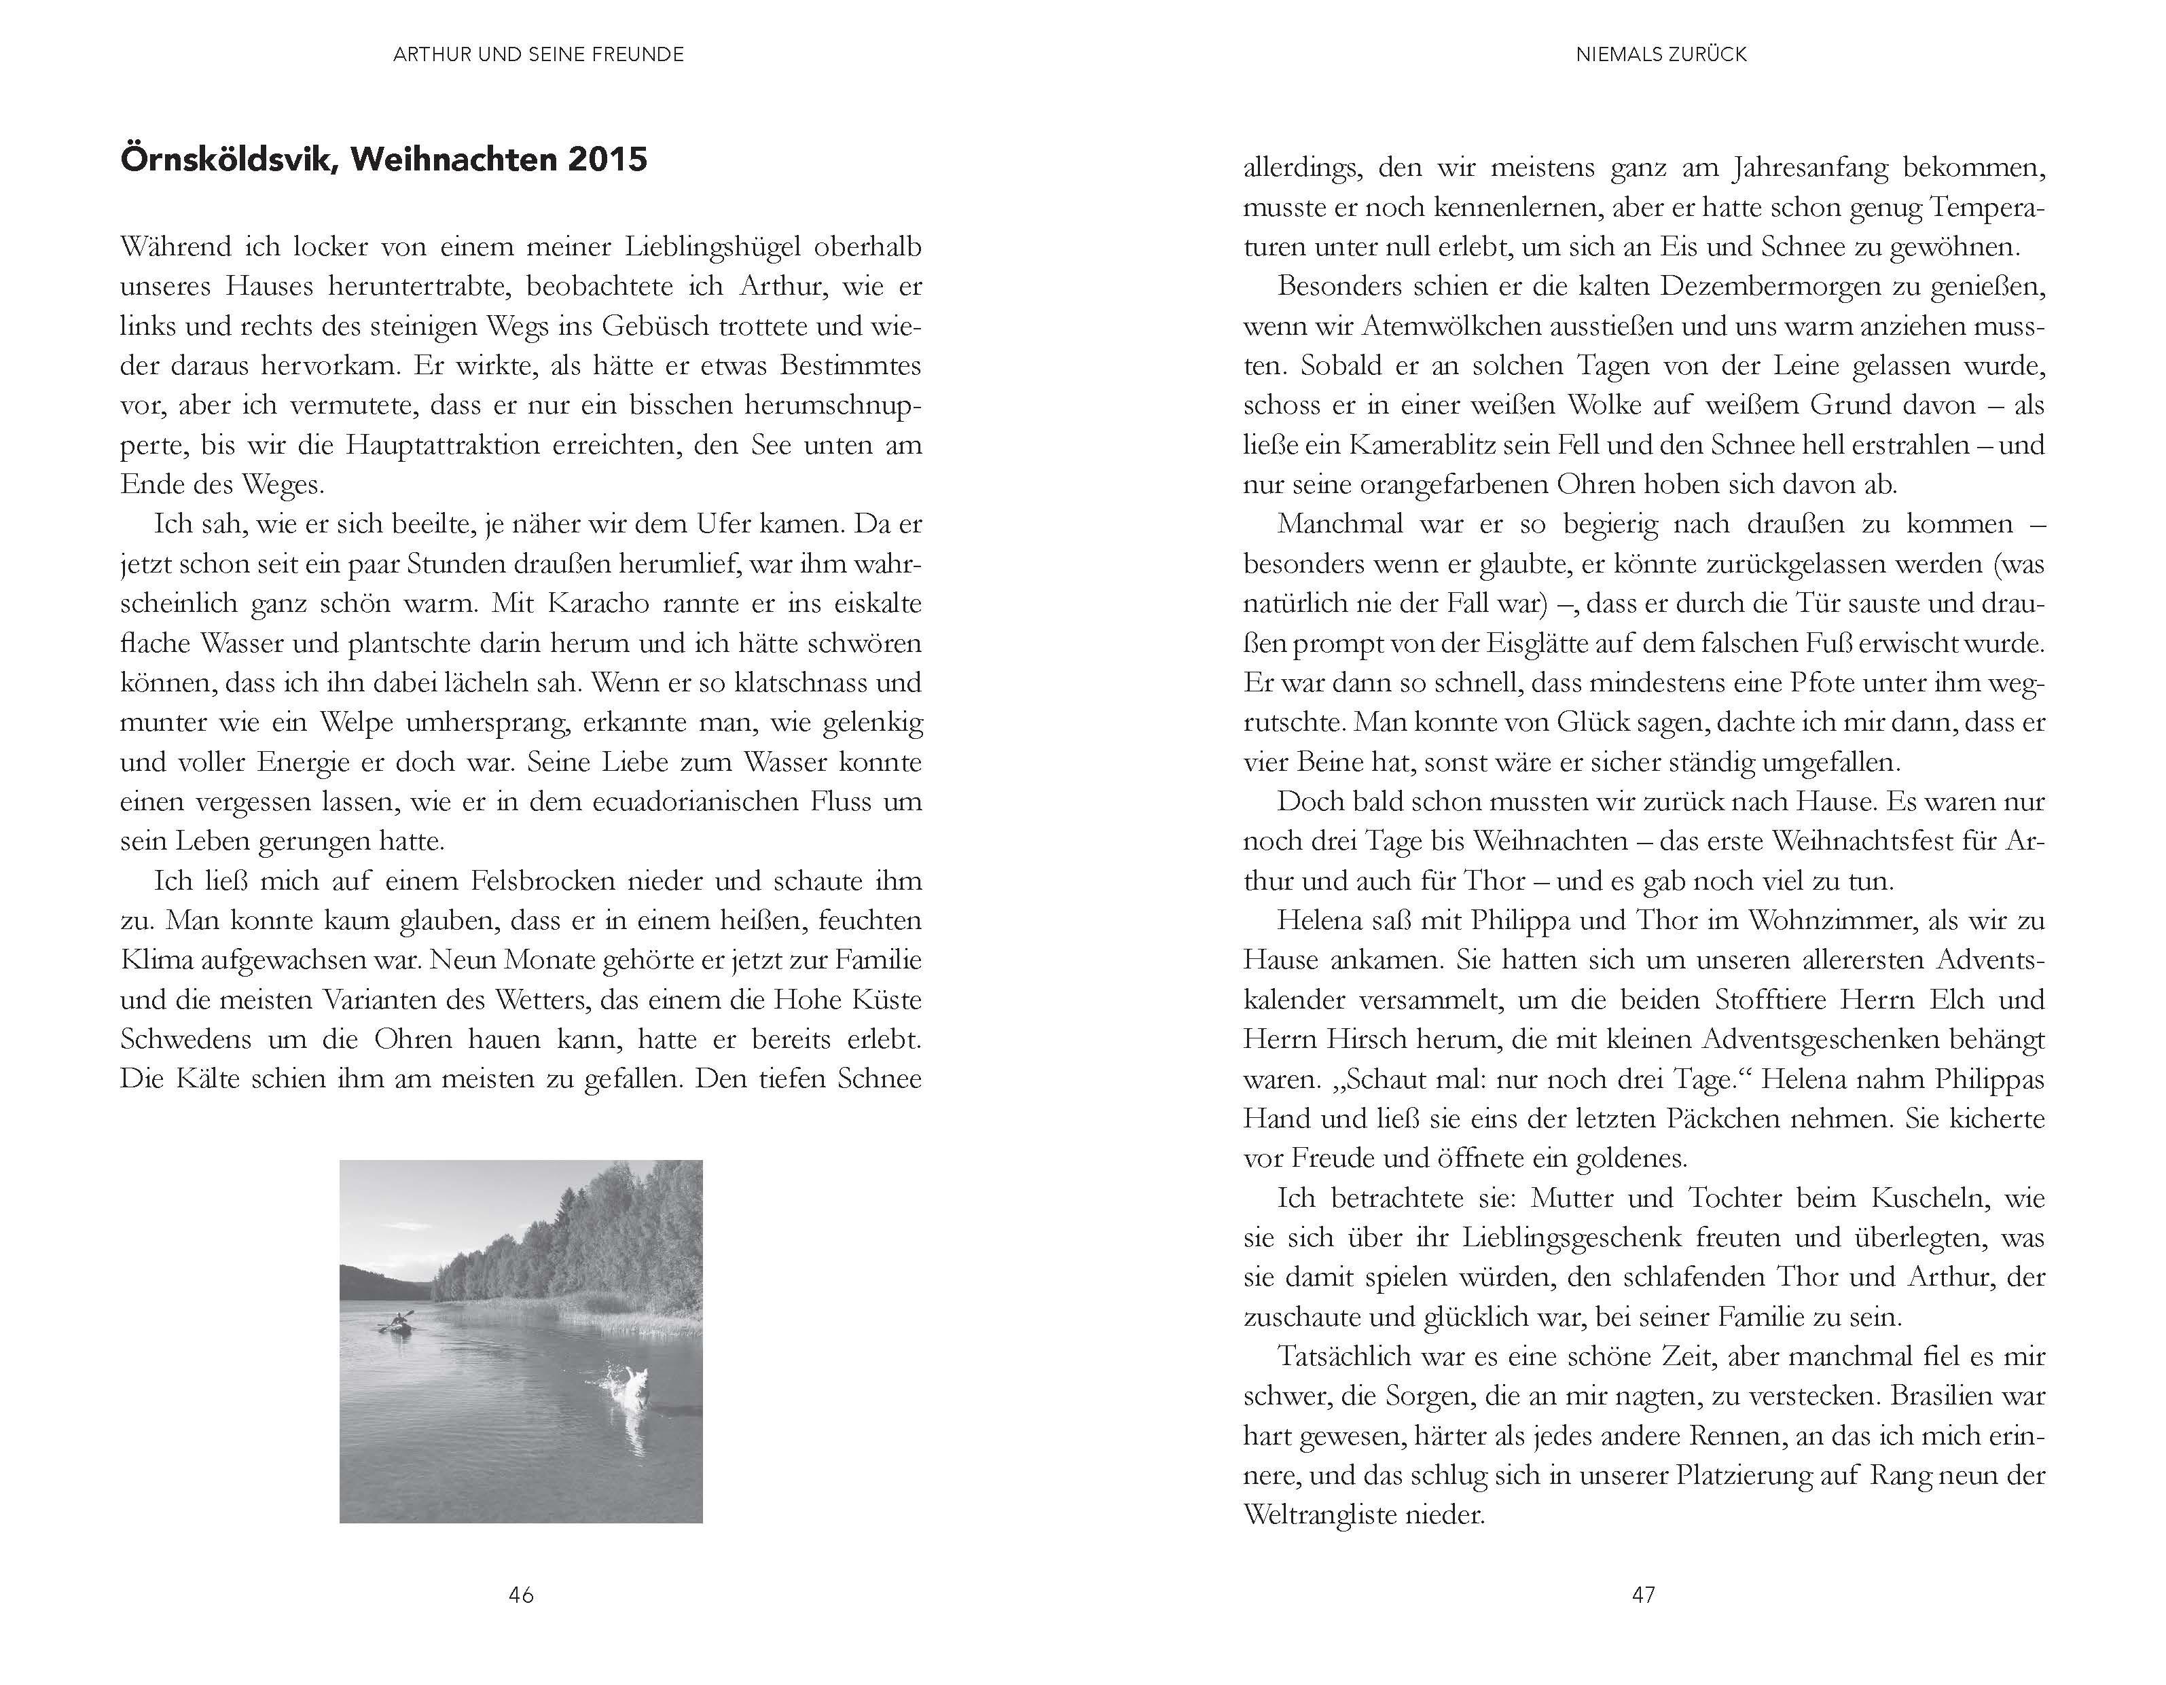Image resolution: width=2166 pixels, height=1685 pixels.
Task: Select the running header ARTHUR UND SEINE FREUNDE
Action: click(x=539, y=54)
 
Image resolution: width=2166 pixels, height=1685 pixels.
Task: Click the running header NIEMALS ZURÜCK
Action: click(x=1661, y=54)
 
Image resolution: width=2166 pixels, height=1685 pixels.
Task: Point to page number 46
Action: click(x=521, y=1595)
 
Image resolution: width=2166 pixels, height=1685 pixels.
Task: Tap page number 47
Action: click(x=1643, y=1595)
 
